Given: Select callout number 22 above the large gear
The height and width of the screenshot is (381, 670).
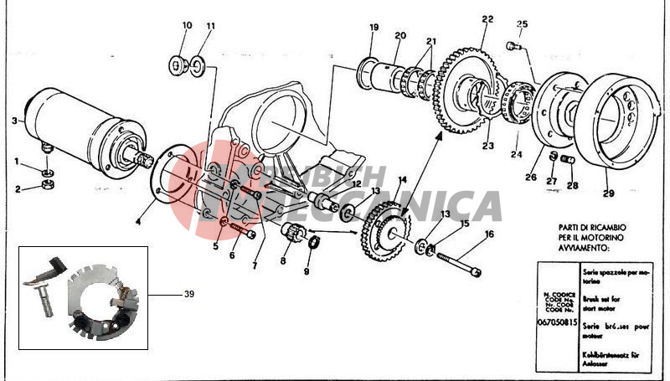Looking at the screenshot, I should [x=487, y=18].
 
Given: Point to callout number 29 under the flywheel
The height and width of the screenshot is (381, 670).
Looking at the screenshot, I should [x=608, y=193].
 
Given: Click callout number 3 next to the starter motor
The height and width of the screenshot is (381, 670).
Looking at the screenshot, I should [x=14, y=121].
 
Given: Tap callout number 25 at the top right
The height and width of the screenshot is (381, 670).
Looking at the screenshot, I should [x=522, y=24].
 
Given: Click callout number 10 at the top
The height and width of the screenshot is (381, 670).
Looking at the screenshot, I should [x=186, y=26].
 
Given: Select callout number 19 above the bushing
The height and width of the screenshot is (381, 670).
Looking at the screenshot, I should [x=374, y=28].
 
